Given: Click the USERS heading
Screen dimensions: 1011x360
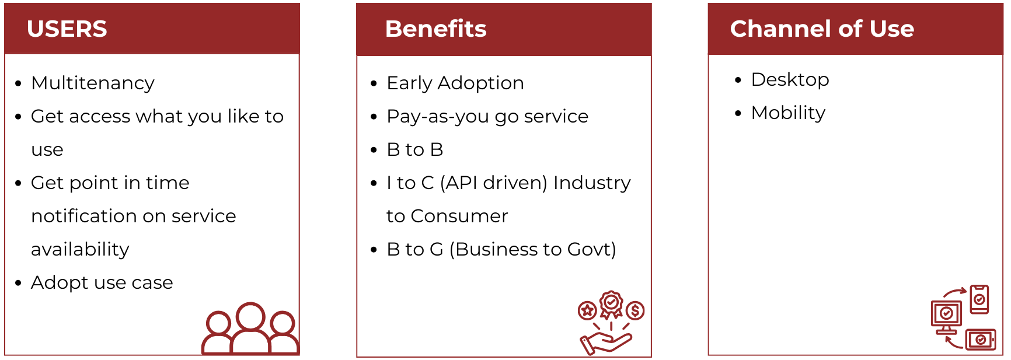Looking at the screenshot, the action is point(67,29).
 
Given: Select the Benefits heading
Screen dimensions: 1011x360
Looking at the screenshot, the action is point(436,29).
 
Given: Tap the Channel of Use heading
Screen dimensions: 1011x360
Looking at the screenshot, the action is point(822,29).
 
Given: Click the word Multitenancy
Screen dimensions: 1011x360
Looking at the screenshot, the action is point(93,83).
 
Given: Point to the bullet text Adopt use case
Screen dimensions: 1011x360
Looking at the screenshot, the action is point(102,282).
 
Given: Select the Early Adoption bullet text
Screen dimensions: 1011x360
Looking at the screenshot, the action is point(455,83).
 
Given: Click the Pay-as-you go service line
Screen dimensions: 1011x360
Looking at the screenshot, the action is point(487,116).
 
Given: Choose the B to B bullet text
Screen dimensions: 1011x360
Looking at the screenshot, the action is point(415,149).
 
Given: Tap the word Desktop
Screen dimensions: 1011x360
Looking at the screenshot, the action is point(790,79).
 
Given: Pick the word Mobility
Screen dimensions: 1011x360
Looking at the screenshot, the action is point(789,113).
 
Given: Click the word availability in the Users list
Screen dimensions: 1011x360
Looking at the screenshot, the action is point(80,249).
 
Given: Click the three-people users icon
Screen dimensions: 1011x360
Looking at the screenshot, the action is point(250,328).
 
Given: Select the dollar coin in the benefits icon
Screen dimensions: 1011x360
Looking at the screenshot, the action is point(636,310).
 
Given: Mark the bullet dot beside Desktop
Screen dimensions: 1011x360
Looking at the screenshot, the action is point(738,80).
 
